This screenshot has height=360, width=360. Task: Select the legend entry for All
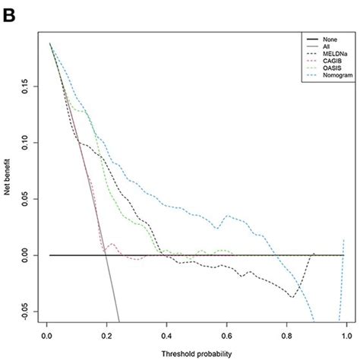(x=317, y=46)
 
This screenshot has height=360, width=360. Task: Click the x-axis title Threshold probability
(x=196, y=354)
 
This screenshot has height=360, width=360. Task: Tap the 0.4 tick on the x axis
(x=166, y=333)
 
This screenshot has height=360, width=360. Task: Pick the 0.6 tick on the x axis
(x=226, y=333)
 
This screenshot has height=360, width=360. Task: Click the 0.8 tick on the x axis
(x=286, y=333)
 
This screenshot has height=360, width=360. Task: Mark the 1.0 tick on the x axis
(x=346, y=333)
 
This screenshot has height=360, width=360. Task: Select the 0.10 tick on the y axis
(x=24, y=141)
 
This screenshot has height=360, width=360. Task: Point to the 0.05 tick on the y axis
(x=24, y=198)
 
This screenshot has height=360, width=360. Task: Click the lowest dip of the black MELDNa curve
(x=292, y=297)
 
